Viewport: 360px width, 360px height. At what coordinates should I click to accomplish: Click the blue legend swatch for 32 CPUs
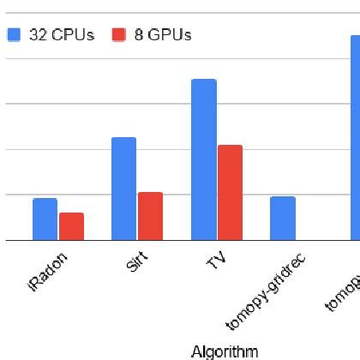[14, 35]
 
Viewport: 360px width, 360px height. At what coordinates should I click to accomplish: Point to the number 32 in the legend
[38, 35]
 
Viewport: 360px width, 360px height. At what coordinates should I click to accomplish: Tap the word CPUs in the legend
[72, 35]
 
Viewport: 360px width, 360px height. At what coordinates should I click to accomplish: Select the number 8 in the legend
[139, 35]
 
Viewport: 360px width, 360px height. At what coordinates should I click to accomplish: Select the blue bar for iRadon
[45, 219]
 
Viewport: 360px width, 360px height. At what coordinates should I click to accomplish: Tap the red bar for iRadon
[71, 226]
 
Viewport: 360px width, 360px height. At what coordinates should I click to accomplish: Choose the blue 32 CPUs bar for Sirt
[123, 189]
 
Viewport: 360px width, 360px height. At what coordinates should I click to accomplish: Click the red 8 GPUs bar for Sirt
[150, 216]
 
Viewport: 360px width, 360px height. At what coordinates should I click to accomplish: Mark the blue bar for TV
[203, 159]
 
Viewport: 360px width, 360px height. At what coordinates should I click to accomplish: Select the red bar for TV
[230, 193]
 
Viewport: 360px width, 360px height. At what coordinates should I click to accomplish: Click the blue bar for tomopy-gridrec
[283, 219]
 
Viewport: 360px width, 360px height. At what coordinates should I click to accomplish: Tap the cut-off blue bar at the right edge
[355, 137]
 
